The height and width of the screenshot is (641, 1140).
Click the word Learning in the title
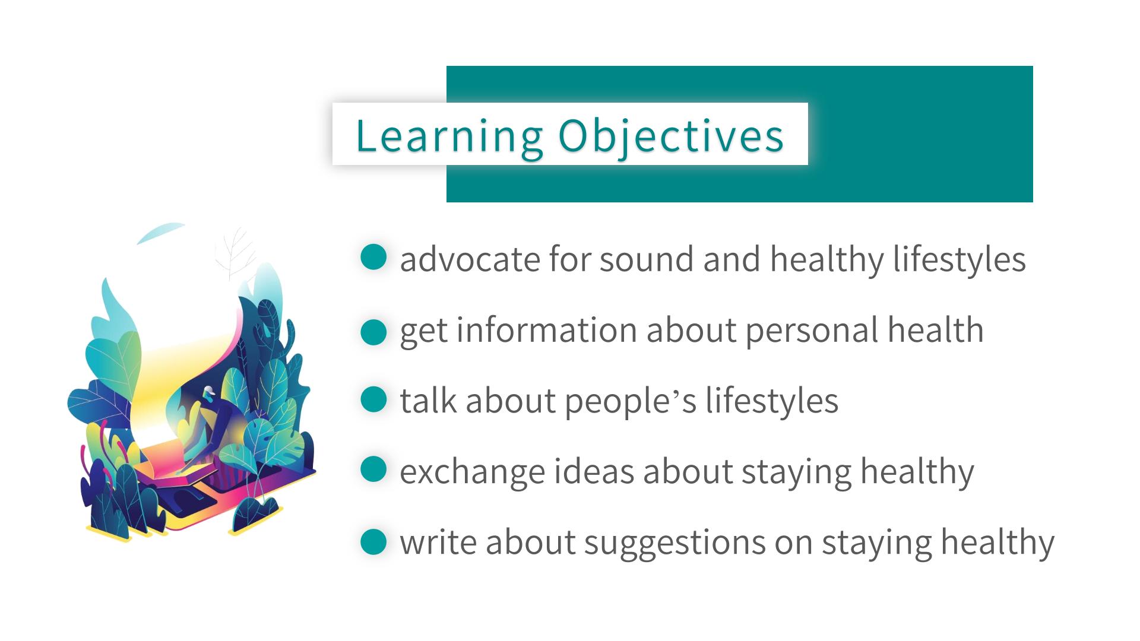449,137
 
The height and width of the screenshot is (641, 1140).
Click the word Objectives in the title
671,137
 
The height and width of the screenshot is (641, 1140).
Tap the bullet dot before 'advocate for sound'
373,258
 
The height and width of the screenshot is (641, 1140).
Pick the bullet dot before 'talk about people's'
373,399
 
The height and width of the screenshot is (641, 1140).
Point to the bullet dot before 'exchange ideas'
373,470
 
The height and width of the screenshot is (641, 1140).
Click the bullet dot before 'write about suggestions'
373,541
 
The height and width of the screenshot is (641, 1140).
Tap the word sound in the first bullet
647,259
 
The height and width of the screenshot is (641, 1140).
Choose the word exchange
473,472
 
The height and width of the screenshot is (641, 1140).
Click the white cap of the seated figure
208,391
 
